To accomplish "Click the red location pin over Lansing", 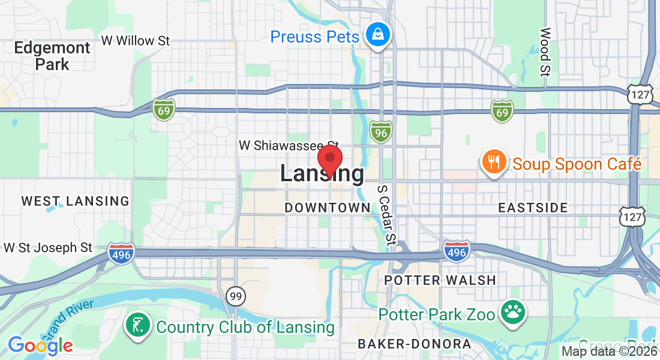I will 329,159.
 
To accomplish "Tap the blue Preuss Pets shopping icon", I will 379,36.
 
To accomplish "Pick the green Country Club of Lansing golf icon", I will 137,326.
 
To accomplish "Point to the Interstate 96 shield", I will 380,131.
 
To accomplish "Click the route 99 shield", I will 235,295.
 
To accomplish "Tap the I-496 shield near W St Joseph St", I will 121,253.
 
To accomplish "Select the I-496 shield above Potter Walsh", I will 456,251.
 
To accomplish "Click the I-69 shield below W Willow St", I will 163,109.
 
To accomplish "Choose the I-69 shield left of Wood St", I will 502,111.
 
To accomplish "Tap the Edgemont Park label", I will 52,56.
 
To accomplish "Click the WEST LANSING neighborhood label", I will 76,201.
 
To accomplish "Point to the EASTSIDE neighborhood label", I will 533,208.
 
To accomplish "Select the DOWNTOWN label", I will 328,208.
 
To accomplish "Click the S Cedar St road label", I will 387,214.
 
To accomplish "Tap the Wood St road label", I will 545,52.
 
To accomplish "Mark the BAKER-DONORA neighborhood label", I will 414,344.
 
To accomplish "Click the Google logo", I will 40,346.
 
